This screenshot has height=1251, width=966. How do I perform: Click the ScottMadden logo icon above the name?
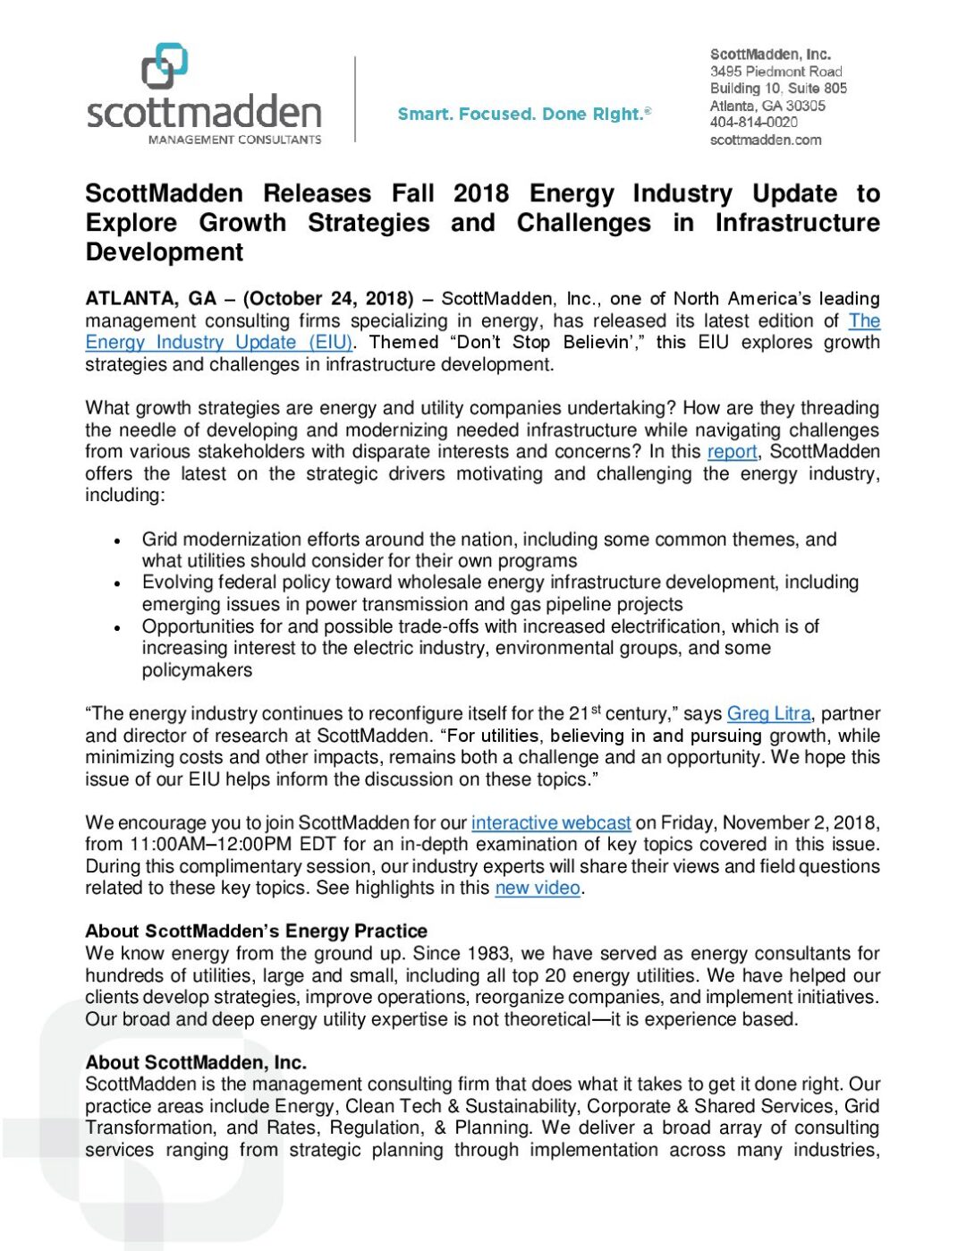pos(165,66)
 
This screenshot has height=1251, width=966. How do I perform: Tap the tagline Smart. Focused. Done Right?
pos(524,115)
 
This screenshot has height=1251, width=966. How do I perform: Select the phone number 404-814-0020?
pos(753,123)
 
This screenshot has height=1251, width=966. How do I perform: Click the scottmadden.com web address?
pos(765,140)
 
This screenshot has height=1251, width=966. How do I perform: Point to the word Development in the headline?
pos(165,252)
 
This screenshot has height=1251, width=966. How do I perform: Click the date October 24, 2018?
pos(328,299)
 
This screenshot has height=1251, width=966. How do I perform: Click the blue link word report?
pos(732,452)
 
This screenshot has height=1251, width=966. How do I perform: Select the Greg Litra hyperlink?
pos(768,714)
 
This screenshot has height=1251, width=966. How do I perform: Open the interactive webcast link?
pos(551,823)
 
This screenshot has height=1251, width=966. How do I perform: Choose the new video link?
pos(538,889)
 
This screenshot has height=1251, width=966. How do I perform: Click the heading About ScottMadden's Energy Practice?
pos(256,932)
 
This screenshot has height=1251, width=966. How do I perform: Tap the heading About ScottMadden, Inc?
pos(196,1063)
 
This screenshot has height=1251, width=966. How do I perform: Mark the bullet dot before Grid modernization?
pos(117,541)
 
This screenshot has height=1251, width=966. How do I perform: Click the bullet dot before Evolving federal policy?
pos(117,584)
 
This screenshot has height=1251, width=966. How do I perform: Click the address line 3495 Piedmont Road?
pos(775,72)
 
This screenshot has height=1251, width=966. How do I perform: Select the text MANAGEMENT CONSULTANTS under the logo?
pos(234,140)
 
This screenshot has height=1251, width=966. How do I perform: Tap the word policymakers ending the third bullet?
pos(197,670)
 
